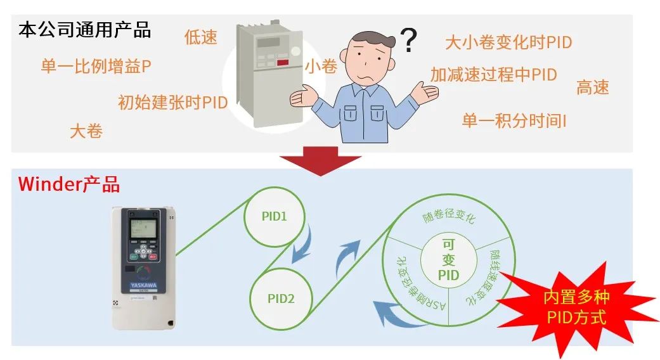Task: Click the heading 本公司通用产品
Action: (x=84, y=30)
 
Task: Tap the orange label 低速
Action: (x=200, y=37)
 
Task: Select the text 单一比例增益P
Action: (x=96, y=67)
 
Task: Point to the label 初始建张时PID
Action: (x=172, y=103)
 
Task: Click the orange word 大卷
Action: (x=86, y=131)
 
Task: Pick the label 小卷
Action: (x=321, y=66)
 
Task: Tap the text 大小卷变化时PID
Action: (x=508, y=42)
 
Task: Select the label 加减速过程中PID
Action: (x=493, y=75)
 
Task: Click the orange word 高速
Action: (x=592, y=87)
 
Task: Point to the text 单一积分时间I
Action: (x=514, y=120)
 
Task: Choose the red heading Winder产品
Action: (x=69, y=184)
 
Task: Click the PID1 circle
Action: (x=275, y=216)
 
